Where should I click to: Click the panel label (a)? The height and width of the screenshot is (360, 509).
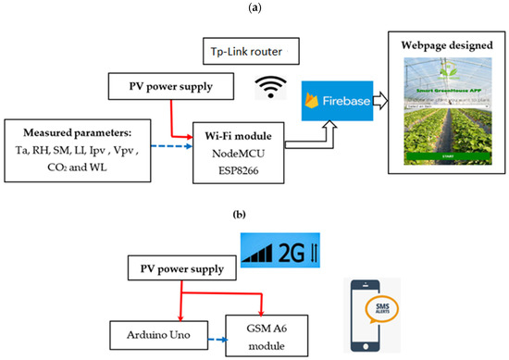[254, 6]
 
